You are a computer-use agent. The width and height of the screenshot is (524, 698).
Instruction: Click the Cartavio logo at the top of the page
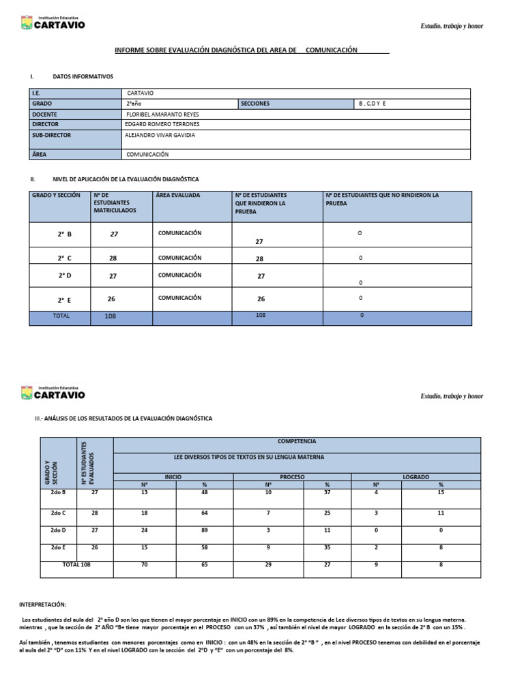tap(53, 24)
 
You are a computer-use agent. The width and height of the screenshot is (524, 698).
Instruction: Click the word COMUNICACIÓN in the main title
tap(332, 50)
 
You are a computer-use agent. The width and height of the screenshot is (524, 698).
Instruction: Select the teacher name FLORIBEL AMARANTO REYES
tap(162, 115)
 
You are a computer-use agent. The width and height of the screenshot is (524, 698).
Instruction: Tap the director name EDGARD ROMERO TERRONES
tap(162, 125)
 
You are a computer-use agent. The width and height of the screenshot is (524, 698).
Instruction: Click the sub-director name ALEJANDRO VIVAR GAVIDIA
tap(160, 135)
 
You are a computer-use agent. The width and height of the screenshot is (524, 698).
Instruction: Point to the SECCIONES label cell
tap(255, 104)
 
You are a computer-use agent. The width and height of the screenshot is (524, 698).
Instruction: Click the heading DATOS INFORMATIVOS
tap(83, 77)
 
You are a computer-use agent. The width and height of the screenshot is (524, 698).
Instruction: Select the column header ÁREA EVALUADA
tap(179, 196)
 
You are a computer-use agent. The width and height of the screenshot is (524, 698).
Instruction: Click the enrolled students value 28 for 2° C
tap(113, 259)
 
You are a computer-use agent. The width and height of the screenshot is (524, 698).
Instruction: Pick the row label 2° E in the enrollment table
tap(65, 299)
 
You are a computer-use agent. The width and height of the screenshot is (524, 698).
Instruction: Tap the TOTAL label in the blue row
tap(61, 316)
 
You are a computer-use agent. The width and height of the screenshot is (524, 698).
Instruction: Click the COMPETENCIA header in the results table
tap(297, 442)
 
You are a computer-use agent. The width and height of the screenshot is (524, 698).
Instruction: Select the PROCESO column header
tap(292, 477)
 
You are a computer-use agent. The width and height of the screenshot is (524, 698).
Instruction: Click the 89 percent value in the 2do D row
tap(205, 530)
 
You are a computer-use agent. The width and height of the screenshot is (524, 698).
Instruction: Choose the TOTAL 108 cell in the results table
tap(76, 564)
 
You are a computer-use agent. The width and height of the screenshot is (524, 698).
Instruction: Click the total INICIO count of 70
tap(145, 565)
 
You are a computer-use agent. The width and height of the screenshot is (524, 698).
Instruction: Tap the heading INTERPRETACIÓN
tap(43, 604)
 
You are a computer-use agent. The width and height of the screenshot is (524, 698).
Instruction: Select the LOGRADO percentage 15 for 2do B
tap(441, 493)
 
